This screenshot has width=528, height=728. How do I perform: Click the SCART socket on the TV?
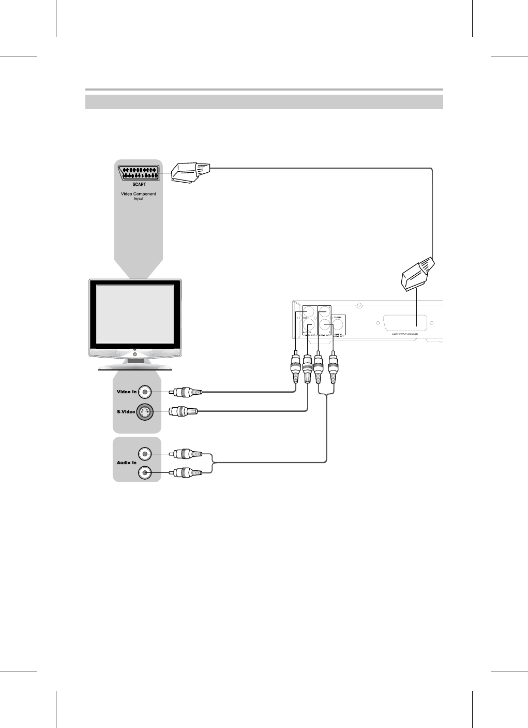(x=139, y=173)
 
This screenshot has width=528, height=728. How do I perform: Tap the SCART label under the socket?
(x=138, y=184)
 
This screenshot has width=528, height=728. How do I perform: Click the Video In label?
(x=127, y=392)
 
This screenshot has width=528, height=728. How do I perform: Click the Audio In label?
(x=127, y=463)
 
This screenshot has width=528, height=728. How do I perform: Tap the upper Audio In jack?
(x=146, y=454)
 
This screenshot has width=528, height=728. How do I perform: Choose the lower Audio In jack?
(x=146, y=472)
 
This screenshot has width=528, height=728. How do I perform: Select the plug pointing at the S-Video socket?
(x=184, y=412)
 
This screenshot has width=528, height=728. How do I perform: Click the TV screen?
(x=135, y=313)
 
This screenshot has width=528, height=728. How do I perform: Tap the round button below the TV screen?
(x=135, y=353)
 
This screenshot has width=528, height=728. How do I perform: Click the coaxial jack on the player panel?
(x=338, y=325)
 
